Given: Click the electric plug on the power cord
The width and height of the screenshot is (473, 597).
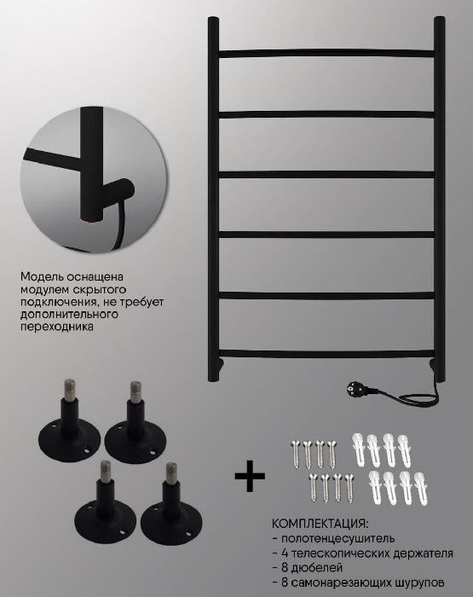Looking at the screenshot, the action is click(361, 390).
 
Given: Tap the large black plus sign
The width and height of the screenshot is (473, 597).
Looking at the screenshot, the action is click(250, 476).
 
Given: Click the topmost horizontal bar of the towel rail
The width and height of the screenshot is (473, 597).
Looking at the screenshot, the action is click(327, 53).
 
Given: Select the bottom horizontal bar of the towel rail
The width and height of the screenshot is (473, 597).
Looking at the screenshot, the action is click(327, 354).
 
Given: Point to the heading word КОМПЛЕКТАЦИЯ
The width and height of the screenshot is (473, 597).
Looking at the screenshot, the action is click(320, 523).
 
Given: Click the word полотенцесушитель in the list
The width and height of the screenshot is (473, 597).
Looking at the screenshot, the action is click(337, 539).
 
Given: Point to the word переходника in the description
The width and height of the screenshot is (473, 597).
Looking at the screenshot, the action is click(57, 327).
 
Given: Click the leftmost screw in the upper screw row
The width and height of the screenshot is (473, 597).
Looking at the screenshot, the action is click(296, 454).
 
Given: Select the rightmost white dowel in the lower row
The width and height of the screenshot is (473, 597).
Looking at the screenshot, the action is click(419, 487).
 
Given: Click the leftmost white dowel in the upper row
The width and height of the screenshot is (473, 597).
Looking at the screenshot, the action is click(359, 449).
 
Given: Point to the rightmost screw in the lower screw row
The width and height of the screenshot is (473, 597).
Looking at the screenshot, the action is click(349, 488).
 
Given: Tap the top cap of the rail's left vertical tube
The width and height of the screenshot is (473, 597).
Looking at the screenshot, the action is click(213, 20).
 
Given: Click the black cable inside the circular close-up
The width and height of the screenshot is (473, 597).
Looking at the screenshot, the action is click(119, 226).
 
